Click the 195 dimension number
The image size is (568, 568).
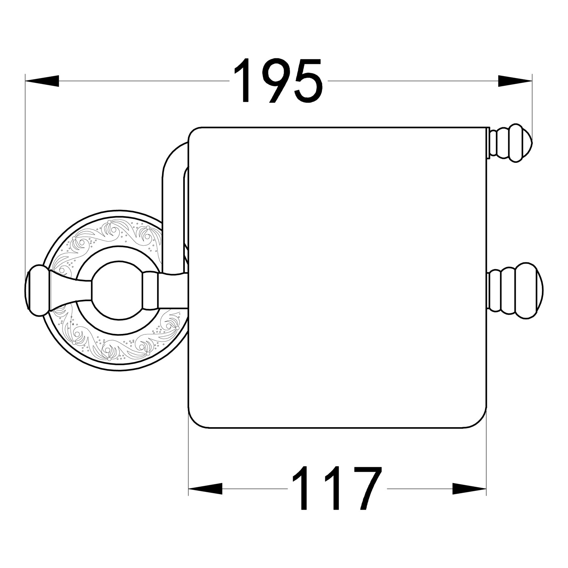[x=278, y=81]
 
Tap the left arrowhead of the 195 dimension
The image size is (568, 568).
[x=42, y=81]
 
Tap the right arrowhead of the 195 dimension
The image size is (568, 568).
[x=515, y=81]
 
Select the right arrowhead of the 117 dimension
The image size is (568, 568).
[x=469, y=488]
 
